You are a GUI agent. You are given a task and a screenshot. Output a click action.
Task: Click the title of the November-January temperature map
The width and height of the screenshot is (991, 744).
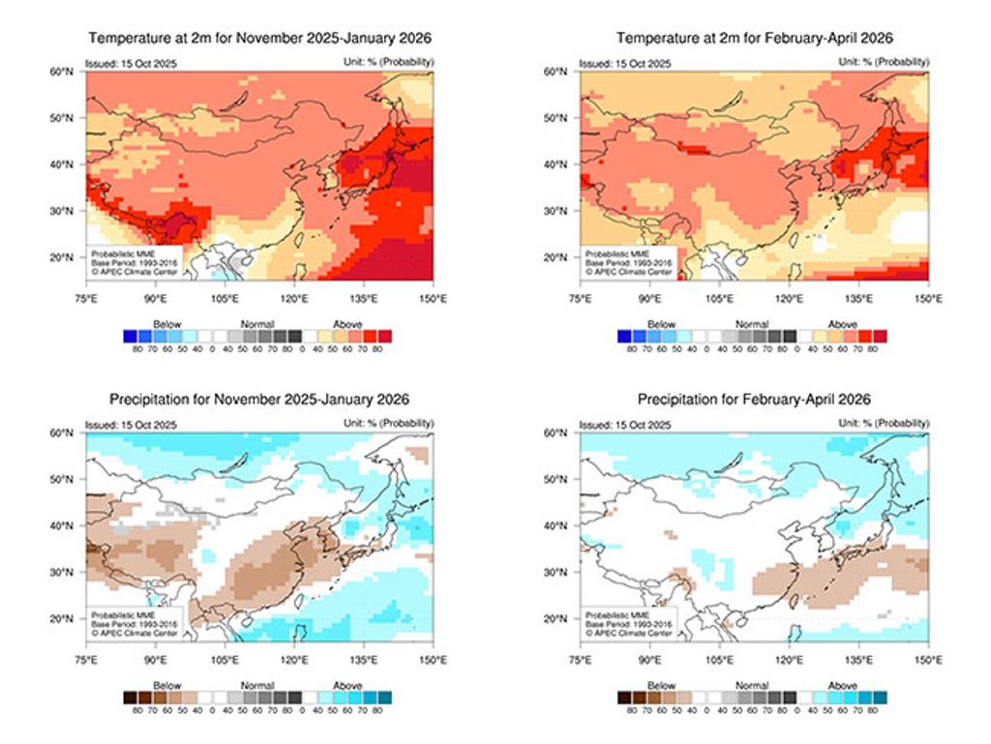click(x=259, y=38)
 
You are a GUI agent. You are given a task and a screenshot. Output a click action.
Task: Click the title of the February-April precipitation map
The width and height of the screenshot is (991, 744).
click(x=755, y=399)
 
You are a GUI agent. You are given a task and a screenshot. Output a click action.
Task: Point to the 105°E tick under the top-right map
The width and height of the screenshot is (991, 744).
click(x=719, y=298)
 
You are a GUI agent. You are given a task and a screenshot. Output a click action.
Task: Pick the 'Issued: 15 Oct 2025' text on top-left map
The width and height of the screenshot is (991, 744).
click(x=123, y=63)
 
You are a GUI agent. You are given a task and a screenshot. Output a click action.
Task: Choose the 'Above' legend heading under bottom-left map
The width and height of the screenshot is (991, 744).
click(x=347, y=685)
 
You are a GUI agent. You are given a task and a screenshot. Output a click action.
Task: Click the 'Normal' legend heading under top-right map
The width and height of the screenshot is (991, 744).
click(x=752, y=324)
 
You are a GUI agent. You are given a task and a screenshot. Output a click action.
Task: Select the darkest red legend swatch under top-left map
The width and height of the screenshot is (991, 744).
click(x=385, y=336)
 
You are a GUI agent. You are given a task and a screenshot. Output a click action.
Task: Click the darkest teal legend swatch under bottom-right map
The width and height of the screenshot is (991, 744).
click(x=880, y=697)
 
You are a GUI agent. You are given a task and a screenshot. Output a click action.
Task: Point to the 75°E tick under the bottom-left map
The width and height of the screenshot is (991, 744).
click(x=86, y=660)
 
